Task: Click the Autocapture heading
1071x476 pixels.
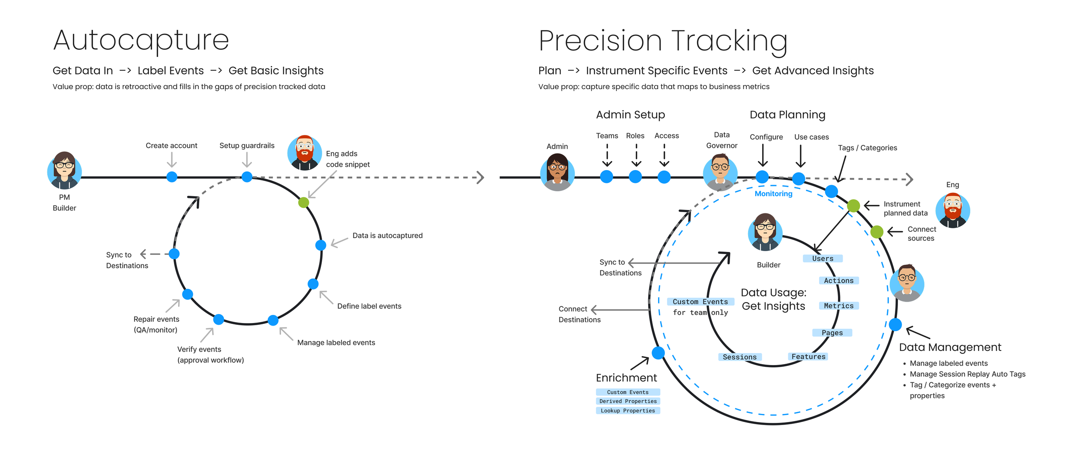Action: [x=141, y=40]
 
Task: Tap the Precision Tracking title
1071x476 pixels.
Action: [x=663, y=41]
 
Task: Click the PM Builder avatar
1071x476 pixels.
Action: [x=64, y=171]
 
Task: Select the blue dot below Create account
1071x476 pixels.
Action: [x=172, y=177]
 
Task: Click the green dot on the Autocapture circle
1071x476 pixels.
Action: [x=304, y=202]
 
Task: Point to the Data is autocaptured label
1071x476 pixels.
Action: [x=387, y=236]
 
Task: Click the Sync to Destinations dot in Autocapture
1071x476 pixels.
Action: [x=174, y=254]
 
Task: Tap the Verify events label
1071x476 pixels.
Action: [x=199, y=349]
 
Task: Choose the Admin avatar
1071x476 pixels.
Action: [x=557, y=172]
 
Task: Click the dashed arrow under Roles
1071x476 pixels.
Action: [x=636, y=155]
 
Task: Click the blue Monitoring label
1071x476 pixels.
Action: [x=773, y=194]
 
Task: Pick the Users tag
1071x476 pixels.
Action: [x=823, y=258]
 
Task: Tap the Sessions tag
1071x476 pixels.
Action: [x=739, y=357]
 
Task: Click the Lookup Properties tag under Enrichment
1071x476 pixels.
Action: [x=628, y=410]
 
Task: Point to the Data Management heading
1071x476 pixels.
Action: [x=950, y=347]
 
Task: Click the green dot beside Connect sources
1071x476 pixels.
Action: [x=877, y=232]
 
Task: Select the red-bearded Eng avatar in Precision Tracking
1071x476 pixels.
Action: [x=952, y=210]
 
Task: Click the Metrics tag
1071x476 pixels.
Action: [x=838, y=305]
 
